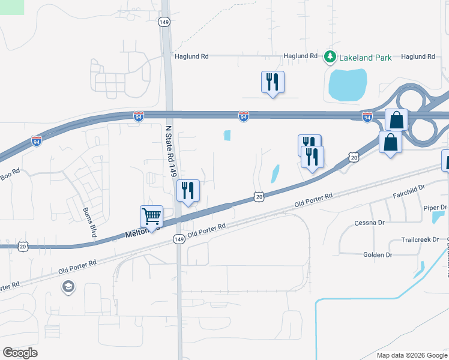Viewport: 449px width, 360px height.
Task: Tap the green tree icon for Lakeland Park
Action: (x=330, y=57)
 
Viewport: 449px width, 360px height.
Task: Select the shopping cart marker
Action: (x=151, y=216)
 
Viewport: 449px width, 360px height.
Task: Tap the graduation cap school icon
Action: (x=68, y=287)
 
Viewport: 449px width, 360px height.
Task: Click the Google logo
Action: (x=20, y=353)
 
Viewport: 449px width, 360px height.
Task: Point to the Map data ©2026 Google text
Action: (x=412, y=355)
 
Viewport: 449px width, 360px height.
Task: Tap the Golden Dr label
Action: (x=378, y=255)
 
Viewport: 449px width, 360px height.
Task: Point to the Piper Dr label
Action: (x=435, y=208)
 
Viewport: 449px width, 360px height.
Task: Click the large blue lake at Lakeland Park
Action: (x=347, y=84)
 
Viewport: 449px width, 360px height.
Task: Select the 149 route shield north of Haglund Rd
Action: (x=164, y=22)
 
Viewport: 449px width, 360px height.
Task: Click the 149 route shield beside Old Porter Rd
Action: (x=178, y=239)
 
